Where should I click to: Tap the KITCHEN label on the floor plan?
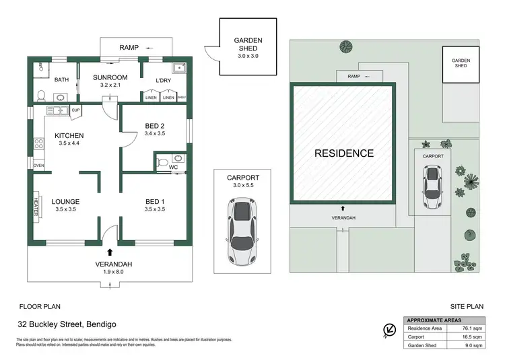tap(71, 135)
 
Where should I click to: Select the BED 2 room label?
tap(155, 125)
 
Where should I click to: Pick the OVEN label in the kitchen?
tap(38, 166)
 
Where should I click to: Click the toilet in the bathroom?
tap(40, 94)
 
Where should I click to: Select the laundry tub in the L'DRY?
tap(178, 69)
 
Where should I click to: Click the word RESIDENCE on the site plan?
tap(344, 153)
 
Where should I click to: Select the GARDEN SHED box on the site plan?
tap(461, 63)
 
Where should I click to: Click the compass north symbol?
tap(389, 329)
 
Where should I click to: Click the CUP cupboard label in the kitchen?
tap(76, 110)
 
